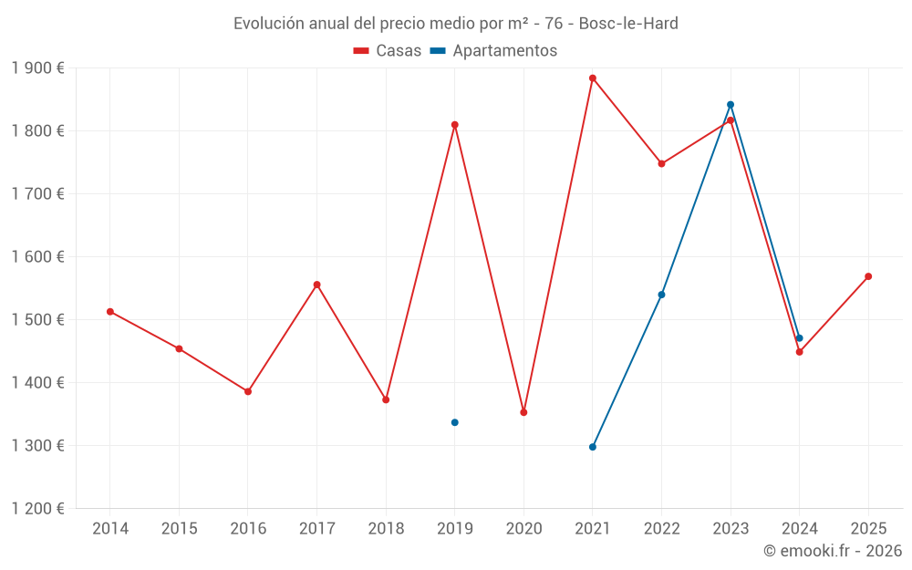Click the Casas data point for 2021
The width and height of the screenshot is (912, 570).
coord(593,78)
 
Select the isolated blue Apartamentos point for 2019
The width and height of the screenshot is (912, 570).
coord(454,422)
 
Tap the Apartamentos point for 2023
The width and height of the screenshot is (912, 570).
coord(731,105)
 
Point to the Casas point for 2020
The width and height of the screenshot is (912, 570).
coord(523,412)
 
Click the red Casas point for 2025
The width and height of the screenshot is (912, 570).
coord(868,276)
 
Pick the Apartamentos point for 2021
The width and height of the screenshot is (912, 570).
coord(593,447)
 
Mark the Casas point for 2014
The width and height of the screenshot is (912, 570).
coord(110,312)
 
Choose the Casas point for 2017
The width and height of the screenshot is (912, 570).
coord(316,285)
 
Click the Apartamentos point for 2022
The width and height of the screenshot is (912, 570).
coord(661,295)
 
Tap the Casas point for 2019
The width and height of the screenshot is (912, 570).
coord(454,125)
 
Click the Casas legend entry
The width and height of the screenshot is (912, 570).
coord(388,51)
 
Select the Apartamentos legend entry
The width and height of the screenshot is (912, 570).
coord(493,51)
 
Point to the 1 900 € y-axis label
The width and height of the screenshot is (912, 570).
coord(38,68)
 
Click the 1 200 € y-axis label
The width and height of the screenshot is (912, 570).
coord(38,509)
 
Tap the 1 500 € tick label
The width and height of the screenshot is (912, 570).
coord(38,320)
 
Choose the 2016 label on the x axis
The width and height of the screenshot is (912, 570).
coord(248,529)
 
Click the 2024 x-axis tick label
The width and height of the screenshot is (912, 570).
coord(799,529)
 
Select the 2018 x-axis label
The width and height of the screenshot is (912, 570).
coord(386,529)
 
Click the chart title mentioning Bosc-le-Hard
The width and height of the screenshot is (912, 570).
coord(456,24)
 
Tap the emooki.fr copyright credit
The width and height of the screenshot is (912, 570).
coord(833,551)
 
